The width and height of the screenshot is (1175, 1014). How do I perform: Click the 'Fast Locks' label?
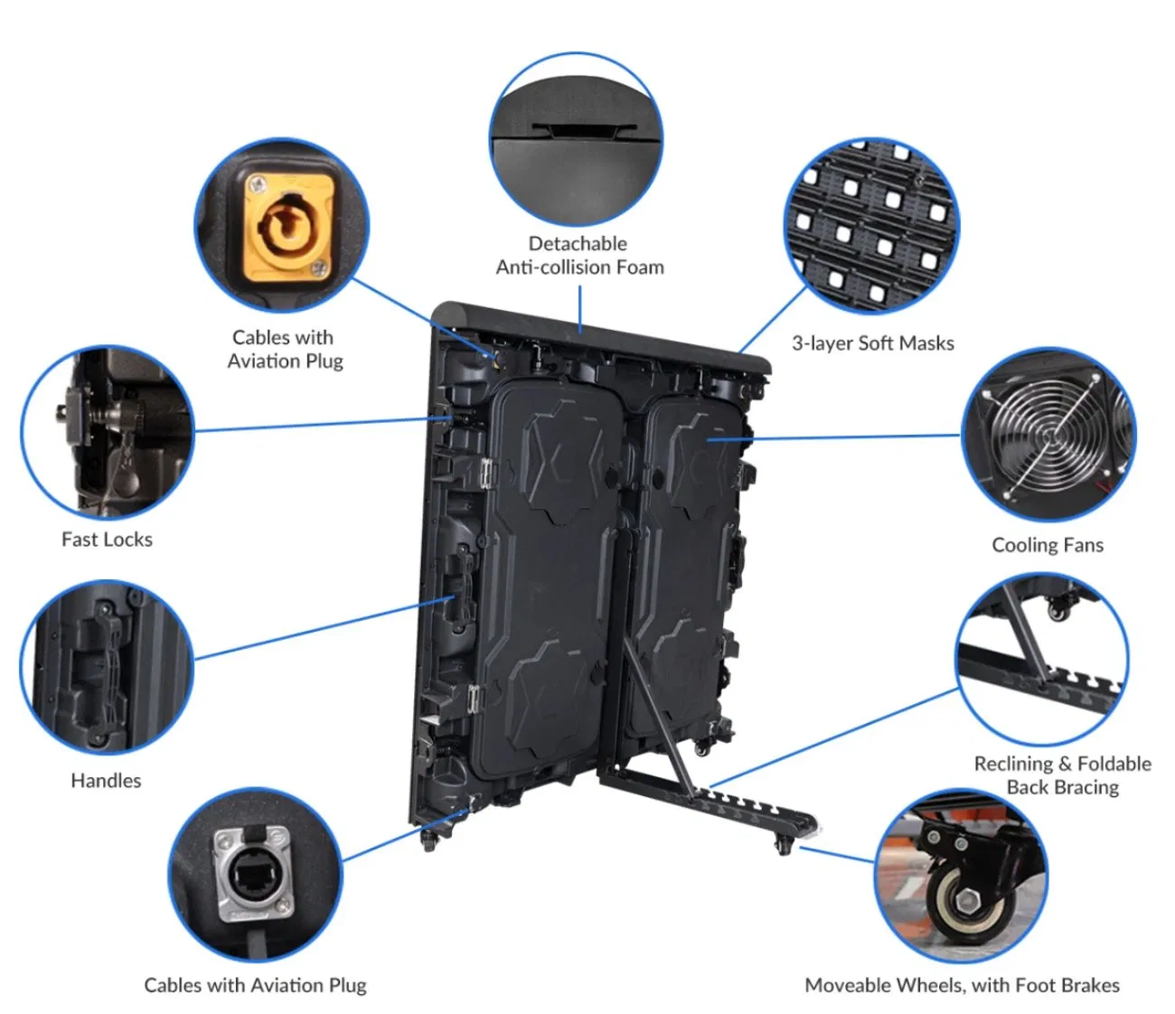pos(107,540)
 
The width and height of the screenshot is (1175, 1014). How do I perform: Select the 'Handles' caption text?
pos(106,781)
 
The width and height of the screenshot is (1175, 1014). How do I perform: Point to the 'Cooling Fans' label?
pos(1048,545)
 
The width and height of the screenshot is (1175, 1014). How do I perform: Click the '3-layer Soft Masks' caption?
pos(872,343)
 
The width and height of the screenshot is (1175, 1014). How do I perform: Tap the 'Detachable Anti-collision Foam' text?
pos(579,255)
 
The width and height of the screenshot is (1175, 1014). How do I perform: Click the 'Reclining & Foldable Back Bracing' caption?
pos(1062,775)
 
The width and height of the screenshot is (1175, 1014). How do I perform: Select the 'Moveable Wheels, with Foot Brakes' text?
pos(962,985)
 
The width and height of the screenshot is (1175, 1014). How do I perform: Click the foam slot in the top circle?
pos(576,132)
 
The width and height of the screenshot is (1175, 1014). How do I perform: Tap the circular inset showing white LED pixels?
pos(870,226)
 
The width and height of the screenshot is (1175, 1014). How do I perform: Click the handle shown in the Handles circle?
pos(99,669)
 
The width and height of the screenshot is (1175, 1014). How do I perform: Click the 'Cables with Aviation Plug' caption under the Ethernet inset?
pos(255,985)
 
